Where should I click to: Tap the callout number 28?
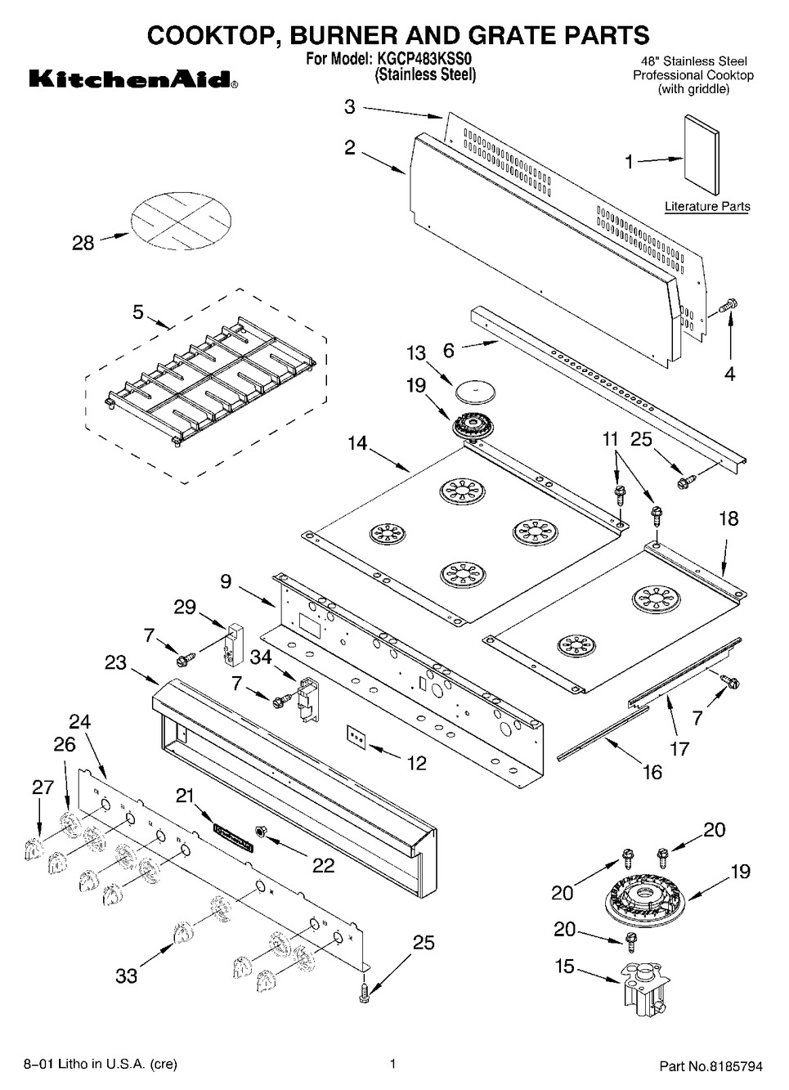tap(83, 243)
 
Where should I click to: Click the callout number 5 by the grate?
tap(138, 312)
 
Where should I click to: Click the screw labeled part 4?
tap(727, 306)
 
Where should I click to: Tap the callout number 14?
tap(356, 444)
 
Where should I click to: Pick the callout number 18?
tap(728, 518)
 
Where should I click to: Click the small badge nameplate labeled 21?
tap(233, 838)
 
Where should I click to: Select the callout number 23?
tap(115, 662)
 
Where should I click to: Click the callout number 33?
tap(126, 975)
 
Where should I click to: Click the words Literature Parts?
tap(707, 207)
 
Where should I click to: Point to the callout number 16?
tap(652, 771)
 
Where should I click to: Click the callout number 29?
tap(185, 606)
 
